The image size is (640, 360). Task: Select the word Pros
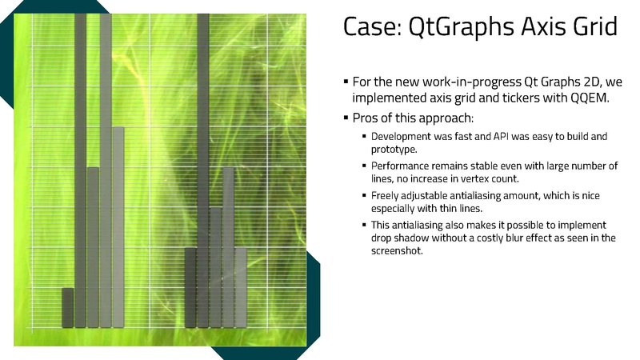tap(364, 118)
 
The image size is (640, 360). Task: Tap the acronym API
tap(501, 136)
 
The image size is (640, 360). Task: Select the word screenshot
tap(396, 250)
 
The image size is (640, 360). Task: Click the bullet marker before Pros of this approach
tap(346, 118)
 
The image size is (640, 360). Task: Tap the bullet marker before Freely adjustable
tap(364, 195)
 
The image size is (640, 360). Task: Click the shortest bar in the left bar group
tap(68, 308)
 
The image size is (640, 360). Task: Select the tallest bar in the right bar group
tap(203, 170)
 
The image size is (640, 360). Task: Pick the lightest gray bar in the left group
tap(118, 227)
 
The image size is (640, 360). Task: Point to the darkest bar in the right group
tap(190, 288)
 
